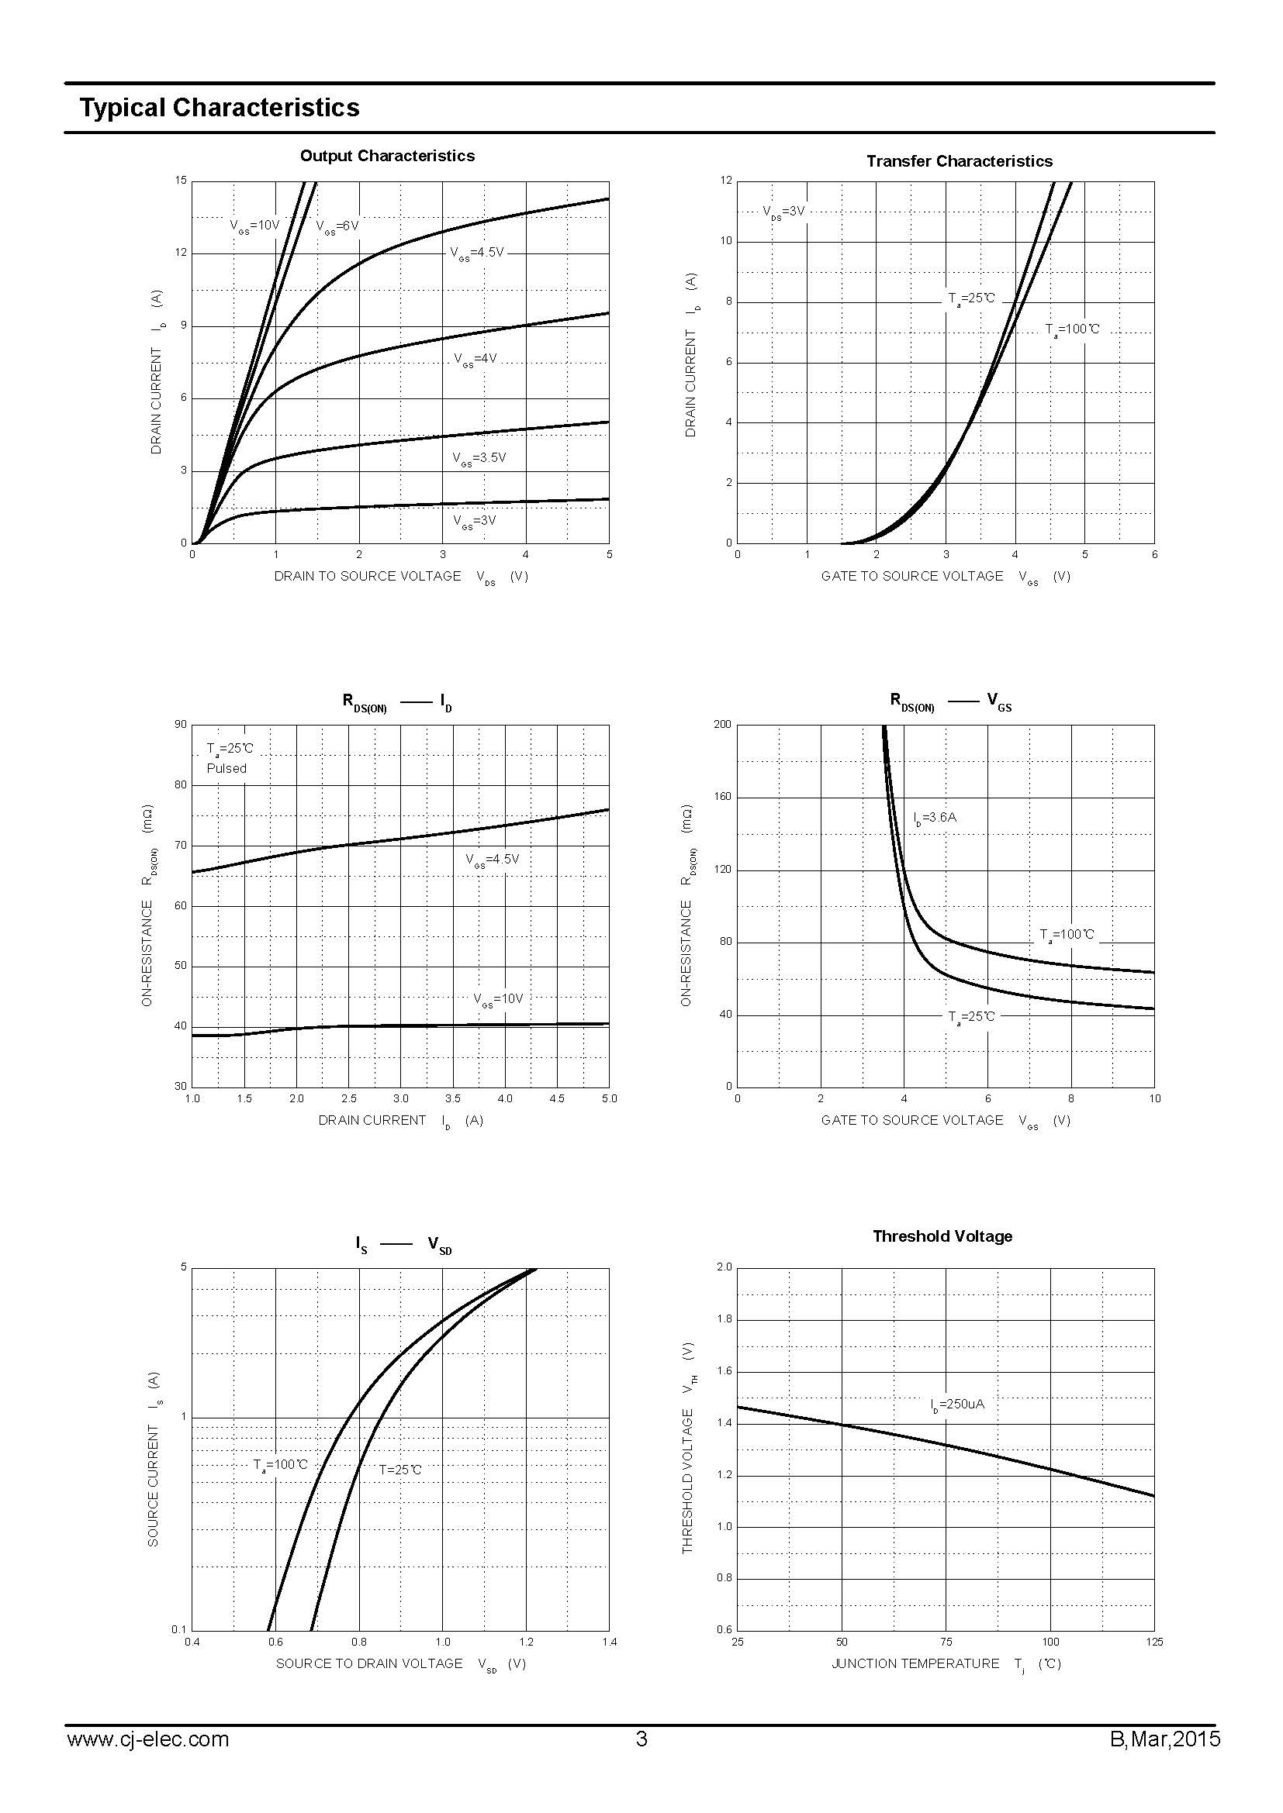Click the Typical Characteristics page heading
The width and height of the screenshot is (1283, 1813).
tap(219, 108)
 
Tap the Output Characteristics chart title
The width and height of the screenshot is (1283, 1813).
tap(387, 156)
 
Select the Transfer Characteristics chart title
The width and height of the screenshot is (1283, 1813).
tap(959, 161)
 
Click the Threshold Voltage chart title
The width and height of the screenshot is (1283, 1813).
tap(942, 1236)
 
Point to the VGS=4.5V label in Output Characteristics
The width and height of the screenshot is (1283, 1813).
tap(476, 253)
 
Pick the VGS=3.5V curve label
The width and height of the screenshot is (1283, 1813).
tap(479, 458)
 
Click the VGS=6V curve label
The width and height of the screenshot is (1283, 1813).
tap(337, 226)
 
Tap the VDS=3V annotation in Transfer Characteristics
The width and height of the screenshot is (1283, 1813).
tap(783, 212)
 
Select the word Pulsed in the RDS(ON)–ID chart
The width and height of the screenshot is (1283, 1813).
tap(227, 768)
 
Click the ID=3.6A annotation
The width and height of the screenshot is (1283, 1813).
tap(935, 818)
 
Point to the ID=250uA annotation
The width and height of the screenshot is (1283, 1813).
tap(957, 1405)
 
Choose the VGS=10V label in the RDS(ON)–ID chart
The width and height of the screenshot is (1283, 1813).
tap(499, 999)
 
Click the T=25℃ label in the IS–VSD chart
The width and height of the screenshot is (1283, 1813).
tap(399, 1470)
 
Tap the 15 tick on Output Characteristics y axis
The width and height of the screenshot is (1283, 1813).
tap(182, 181)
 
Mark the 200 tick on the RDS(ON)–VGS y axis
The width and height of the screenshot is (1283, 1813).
tap(722, 724)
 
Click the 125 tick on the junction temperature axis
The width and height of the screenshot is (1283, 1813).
tap(1153, 1642)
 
